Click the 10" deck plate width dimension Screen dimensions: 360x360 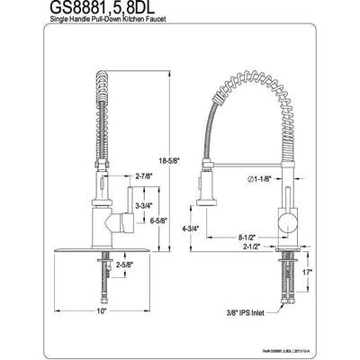tap(103, 310)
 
